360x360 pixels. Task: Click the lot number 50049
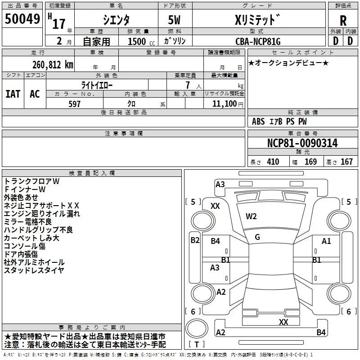[22, 18]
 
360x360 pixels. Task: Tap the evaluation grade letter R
[343, 20]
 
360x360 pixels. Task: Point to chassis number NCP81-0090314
[302, 143]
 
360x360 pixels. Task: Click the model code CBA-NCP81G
[258, 41]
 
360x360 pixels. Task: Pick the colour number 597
[74, 104]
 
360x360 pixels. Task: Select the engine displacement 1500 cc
[138, 41]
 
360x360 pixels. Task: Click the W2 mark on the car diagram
[251, 216]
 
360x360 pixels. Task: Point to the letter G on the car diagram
[257, 237]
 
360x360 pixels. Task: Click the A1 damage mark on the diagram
[326, 241]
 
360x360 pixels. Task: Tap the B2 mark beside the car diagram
[195, 240]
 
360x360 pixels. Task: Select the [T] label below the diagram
[196, 345]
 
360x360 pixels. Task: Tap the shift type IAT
[13, 94]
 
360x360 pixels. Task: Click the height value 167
[346, 162]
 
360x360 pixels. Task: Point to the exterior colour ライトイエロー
[97, 85]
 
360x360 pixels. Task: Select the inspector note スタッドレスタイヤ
[34, 270]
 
